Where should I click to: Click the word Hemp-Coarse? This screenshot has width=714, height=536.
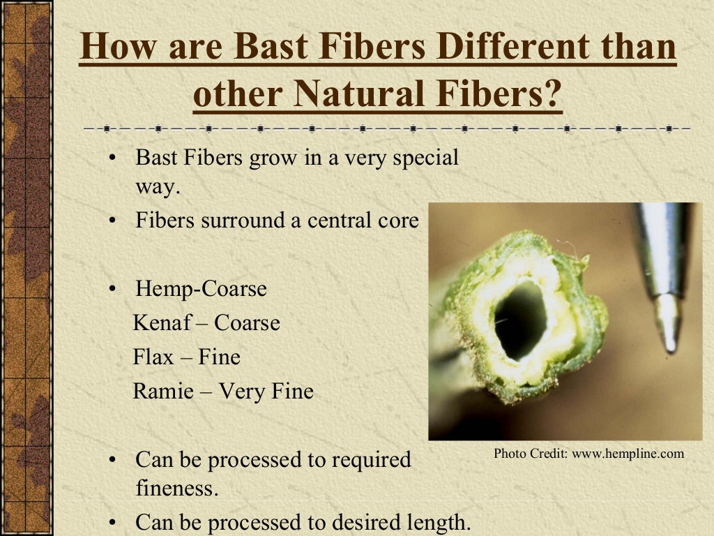point(201,289)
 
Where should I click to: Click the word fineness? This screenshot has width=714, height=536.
point(177,489)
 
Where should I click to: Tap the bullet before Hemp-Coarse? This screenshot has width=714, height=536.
point(113,290)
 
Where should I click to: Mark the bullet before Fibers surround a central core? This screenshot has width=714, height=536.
point(113,221)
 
